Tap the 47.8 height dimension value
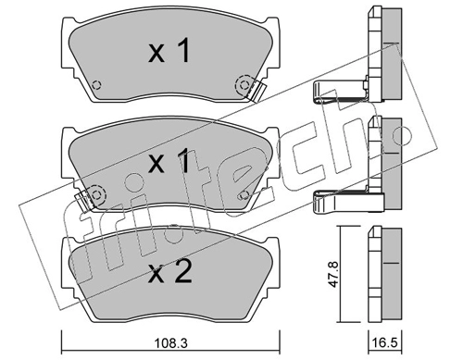click(x=334, y=275)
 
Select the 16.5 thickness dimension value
click(x=385, y=343)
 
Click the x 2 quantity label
click(x=170, y=271)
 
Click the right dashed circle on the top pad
click(x=244, y=84)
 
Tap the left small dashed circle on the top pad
click(x=97, y=84)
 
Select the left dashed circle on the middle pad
click(x=96, y=195)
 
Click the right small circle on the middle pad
click(x=244, y=195)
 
